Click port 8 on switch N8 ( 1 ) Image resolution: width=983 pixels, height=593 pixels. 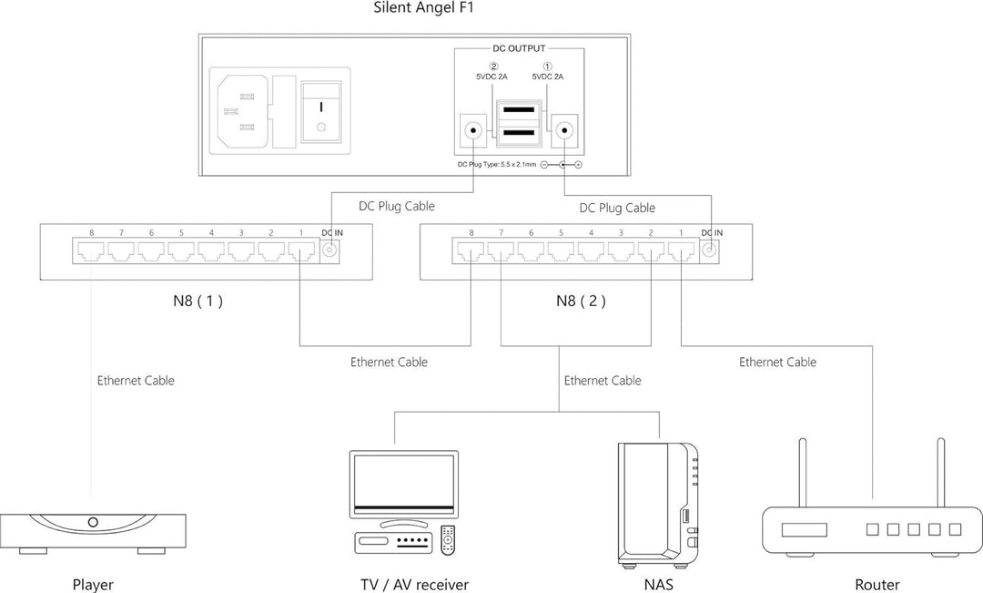click(x=92, y=250)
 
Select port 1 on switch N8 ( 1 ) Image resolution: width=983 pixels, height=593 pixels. click(x=300, y=250)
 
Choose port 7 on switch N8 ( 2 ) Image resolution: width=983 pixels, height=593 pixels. click(x=501, y=250)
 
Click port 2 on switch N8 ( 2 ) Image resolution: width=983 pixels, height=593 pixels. click(x=651, y=250)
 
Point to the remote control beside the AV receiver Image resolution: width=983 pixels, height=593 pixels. click(x=447, y=539)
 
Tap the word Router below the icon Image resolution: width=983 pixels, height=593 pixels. click(x=877, y=584)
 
